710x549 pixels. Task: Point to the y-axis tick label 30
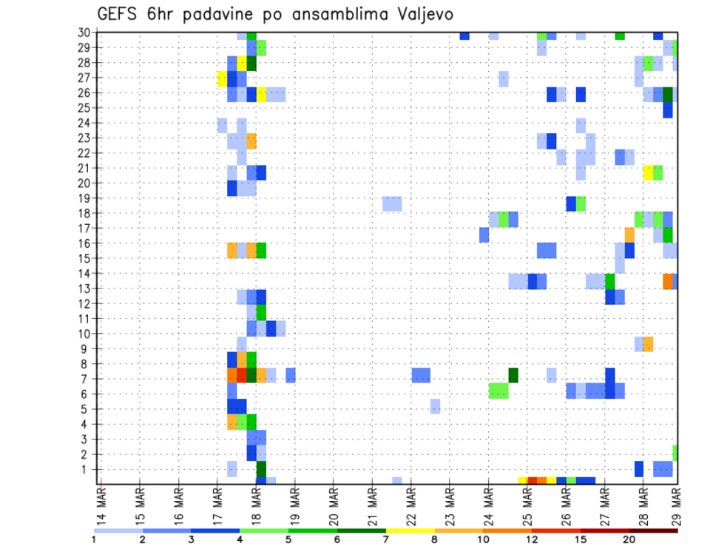click(x=84, y=33)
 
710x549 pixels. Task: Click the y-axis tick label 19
click(x=84, y=198)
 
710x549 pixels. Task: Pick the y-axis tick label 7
click(x=87, y=379)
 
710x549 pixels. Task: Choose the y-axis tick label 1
click(x=87, y=469)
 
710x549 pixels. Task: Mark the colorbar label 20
click(x=629, y=539)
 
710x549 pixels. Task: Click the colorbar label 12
click(x=532, y=539)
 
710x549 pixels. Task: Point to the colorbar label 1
click(x=94, y=539)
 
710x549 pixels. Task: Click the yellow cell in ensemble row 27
click(x=222, y=78)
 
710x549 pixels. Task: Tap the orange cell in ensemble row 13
click(x=668, y=281)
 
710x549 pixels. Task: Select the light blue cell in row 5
click(x=435, y=406)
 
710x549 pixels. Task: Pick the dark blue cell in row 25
click(x=668, y=108)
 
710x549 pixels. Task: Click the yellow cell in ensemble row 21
click(x=648, y=172)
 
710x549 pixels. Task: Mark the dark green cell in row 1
click(x=261, y=469)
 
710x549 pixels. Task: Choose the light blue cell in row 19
click(x=392, y=203)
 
